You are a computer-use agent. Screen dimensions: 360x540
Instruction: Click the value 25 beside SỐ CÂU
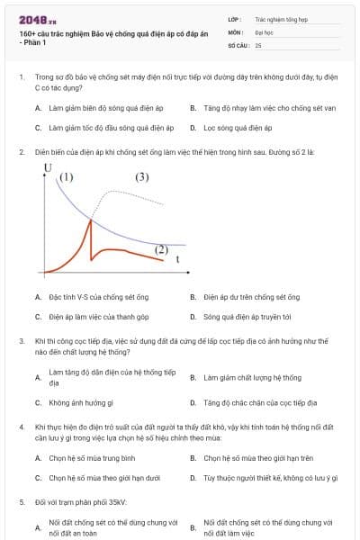258,44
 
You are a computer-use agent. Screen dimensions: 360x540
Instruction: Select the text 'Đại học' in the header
264,31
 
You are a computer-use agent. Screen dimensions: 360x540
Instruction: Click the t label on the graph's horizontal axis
177,259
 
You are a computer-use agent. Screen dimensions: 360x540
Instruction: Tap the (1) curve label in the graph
67,176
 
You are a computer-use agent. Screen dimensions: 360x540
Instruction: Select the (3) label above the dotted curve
141,177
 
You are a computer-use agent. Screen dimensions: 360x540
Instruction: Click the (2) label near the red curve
162,248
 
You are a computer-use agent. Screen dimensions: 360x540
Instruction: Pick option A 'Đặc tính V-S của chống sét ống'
98,296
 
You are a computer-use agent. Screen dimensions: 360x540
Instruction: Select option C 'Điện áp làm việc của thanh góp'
98,317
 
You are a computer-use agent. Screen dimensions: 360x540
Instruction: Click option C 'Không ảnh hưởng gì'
80,403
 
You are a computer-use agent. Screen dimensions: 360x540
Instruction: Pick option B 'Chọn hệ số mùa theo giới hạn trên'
257,458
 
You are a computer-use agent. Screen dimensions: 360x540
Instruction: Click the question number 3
21,341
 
